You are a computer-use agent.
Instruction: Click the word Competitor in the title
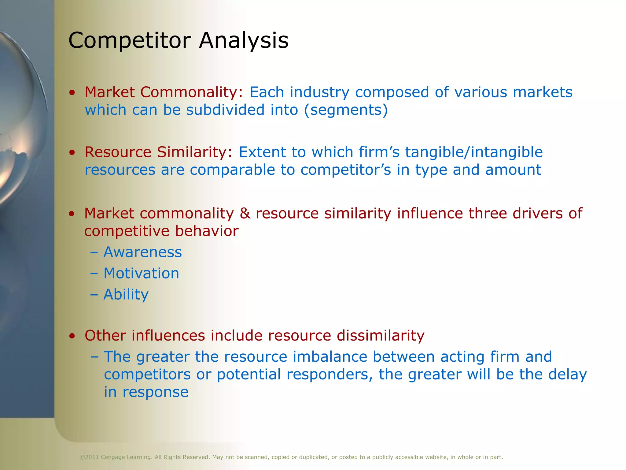pos(130,40)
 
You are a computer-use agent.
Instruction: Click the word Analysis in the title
pos(244,40)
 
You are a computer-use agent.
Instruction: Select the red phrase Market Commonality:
pos(164,92)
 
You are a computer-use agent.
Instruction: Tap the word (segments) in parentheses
pos(346,110)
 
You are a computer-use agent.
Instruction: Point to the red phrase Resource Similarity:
pos(159,152)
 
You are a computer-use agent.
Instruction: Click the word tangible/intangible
pos(474,152)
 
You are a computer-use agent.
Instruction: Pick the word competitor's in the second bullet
pos(346,170)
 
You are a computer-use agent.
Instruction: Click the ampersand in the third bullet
pos(245,213)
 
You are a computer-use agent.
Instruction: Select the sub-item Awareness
pos(142,252)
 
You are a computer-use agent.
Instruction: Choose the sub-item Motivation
pos(141,273)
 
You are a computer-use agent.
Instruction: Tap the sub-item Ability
pos(126,294)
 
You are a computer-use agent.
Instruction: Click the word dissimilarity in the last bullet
pos(381,335)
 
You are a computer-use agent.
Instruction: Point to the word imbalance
pos(330,357)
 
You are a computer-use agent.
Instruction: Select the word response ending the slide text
pos(155,392)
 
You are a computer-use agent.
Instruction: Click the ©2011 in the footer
pos(89,457)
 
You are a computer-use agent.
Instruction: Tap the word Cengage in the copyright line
pos(113,457)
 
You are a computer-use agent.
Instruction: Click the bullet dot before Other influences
pos(72,336)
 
